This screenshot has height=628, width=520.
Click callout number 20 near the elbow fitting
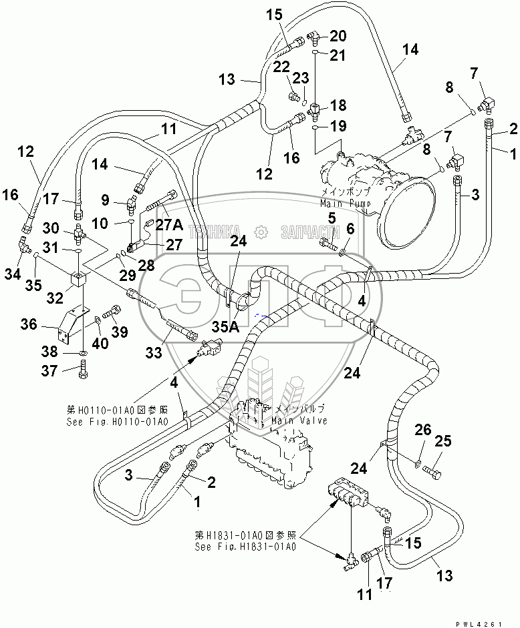(338, 35)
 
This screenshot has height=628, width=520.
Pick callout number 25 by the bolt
(443, 441)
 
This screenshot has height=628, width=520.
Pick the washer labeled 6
(342, 252)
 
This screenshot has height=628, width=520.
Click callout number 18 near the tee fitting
(338, 105)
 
